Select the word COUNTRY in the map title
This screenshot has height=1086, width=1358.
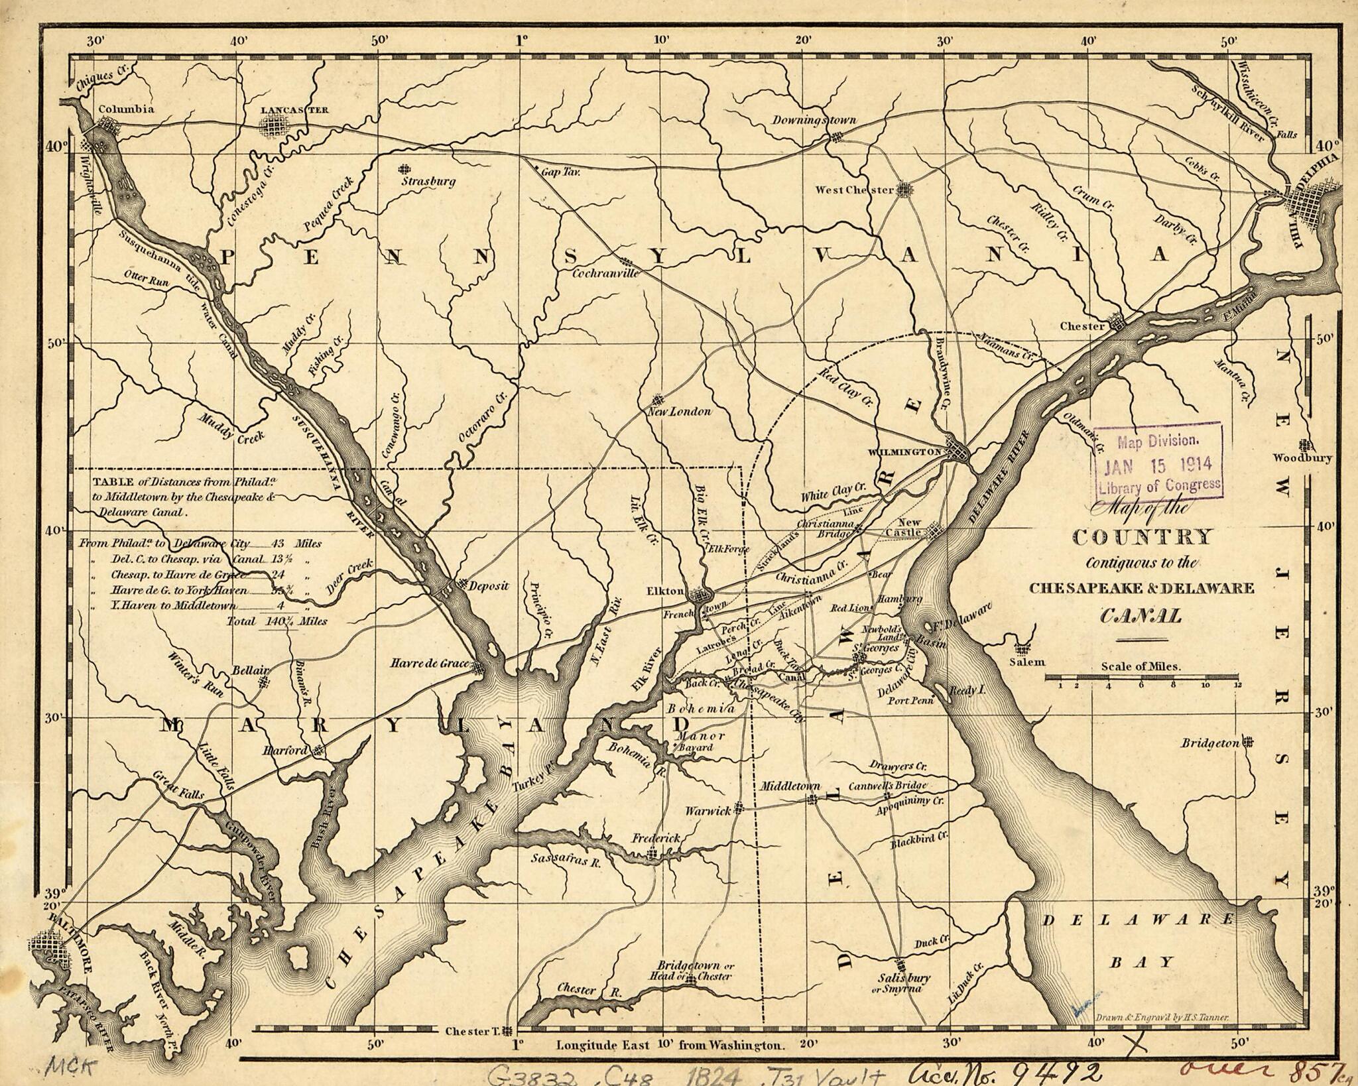coord(1142,537)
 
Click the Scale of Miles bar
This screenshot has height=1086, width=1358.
coord(1141,678)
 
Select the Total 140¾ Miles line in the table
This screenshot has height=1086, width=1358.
coord(277,621)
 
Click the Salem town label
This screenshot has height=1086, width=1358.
coord(1027,661)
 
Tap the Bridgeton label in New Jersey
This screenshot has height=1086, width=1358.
coord(1209,743)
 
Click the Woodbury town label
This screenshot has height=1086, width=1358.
coord(1302,457)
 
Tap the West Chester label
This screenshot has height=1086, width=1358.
coord(854,190)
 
